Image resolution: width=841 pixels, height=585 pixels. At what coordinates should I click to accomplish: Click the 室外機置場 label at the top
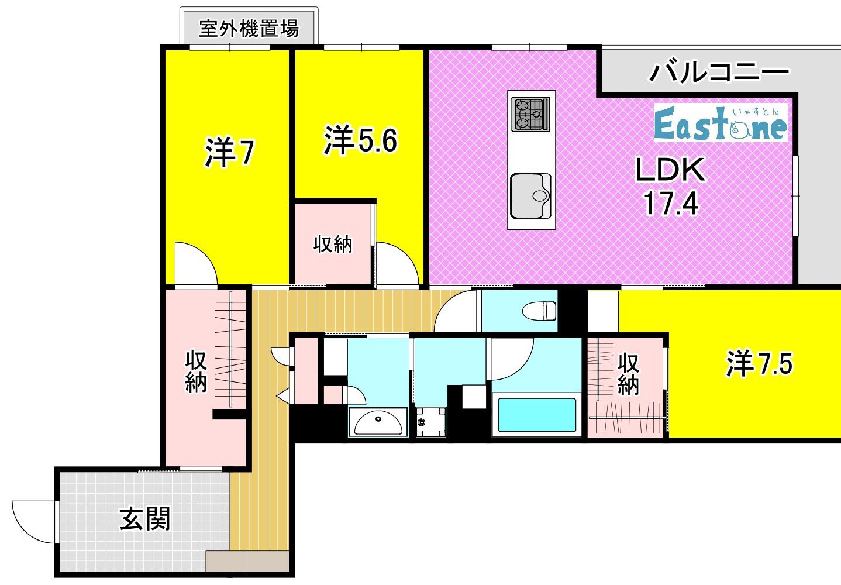point(249,29)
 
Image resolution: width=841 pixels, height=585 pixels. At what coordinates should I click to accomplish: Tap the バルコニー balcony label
point(719,72)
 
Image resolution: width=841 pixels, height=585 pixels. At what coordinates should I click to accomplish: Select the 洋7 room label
point(230,153)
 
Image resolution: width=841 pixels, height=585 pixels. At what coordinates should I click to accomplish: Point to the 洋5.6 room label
point(360,140)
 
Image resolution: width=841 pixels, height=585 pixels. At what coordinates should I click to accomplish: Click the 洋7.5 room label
point(759,363)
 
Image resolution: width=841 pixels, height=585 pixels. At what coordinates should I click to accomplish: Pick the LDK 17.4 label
point(671,186)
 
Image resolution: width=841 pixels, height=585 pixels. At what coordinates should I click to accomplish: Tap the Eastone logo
point(721,123)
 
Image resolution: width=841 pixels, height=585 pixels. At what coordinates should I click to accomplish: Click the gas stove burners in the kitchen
point(531,113)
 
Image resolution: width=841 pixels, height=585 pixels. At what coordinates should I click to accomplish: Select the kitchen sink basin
point(531,195)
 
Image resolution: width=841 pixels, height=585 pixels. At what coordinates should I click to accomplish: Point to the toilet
point(540,311)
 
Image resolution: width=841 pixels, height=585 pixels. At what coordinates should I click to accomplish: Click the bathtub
point(536,415)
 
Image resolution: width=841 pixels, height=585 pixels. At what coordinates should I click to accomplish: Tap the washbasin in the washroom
point(378,422)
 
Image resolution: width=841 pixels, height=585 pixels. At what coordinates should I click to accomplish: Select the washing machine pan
point(430,422)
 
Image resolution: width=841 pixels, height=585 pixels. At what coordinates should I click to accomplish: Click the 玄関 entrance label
point(145,519)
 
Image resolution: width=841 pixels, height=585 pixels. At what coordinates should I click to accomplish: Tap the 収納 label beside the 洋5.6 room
point(333,244)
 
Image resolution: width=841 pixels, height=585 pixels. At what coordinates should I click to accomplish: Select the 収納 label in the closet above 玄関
point(196,371)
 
